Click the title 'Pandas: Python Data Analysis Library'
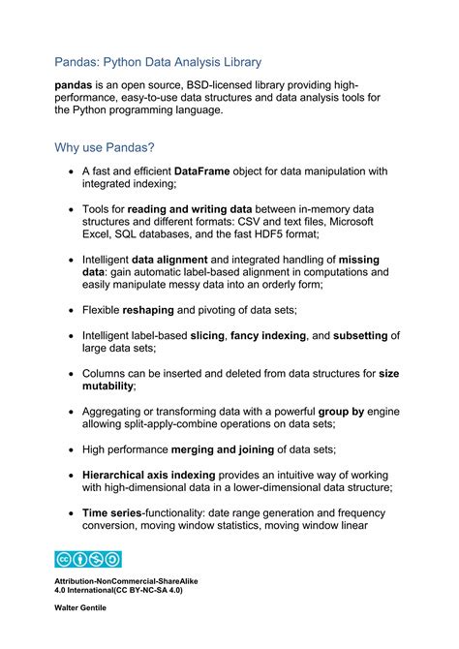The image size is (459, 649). (158, 62)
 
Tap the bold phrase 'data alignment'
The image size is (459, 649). (169, 260)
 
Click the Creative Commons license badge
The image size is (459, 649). (88, 558)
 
